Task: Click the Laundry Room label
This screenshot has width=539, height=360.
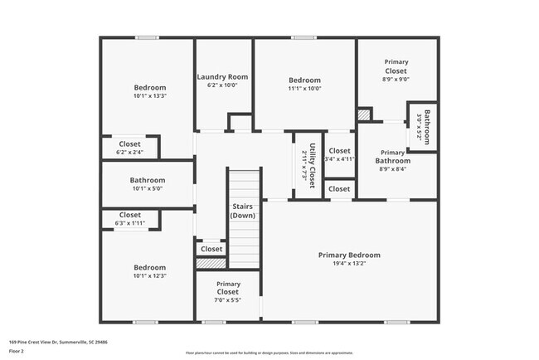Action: (x=222, y=77)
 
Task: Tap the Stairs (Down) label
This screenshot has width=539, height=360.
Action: (x=243, y=211)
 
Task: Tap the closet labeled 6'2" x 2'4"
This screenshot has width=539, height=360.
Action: (x=129, y=148)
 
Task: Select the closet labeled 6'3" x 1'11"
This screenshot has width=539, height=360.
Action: (x=129, y=219)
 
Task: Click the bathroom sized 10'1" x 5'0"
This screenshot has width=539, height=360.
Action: (x=147, y=184)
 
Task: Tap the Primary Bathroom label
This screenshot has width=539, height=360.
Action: (x=392, y=157)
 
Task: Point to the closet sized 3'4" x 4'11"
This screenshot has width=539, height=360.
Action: (x=339, y=155)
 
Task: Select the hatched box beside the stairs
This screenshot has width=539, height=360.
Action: (x=211, y=263)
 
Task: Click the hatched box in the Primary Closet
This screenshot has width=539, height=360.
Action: (x=363, y=114)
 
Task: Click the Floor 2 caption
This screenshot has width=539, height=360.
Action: (x=17, y=351)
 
